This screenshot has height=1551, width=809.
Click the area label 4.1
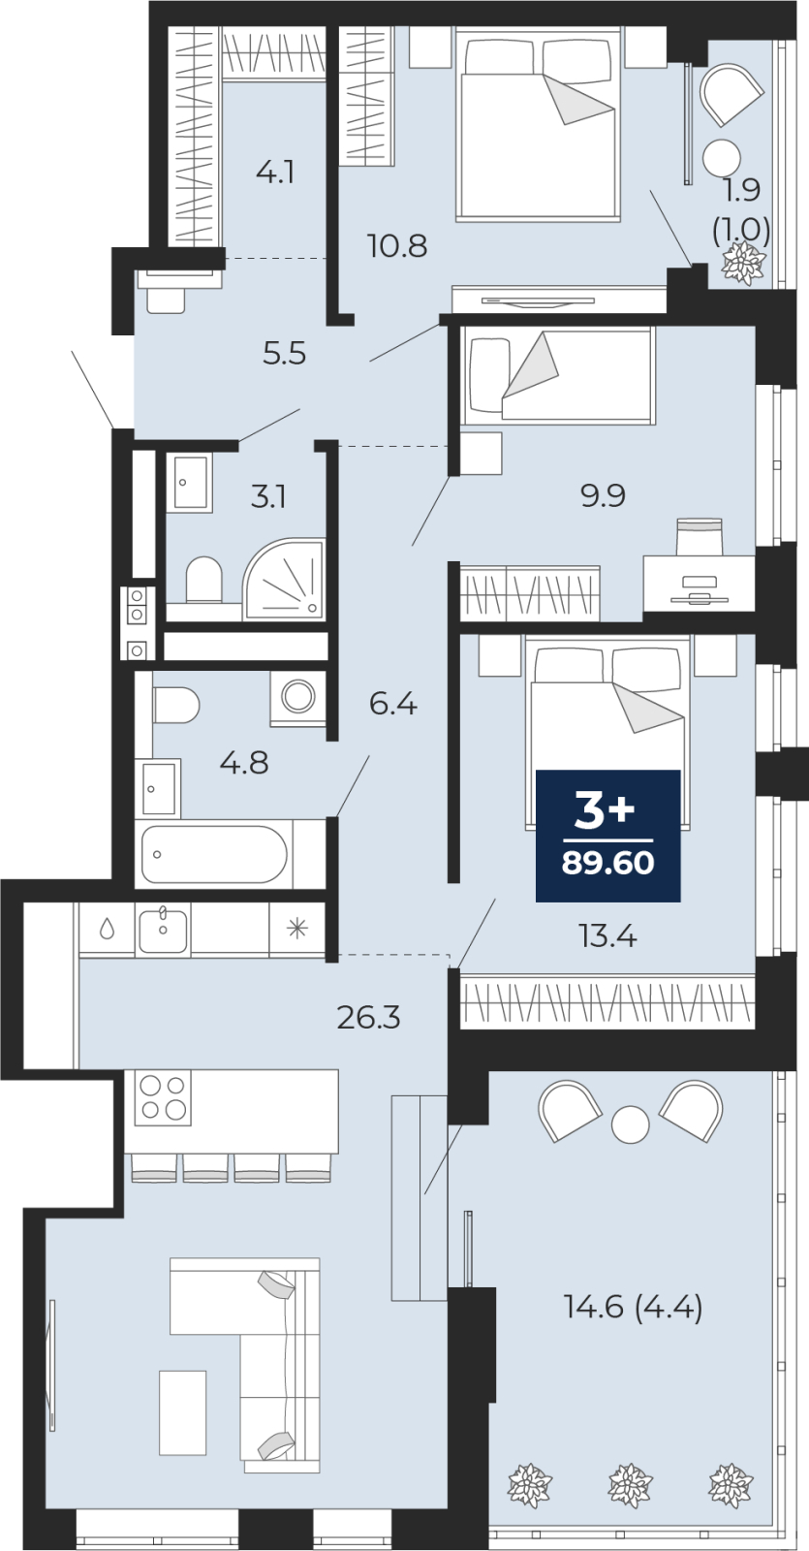(275, 172)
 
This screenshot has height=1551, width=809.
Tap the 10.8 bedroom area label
(397, 246)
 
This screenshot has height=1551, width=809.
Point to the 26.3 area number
(369, 1018)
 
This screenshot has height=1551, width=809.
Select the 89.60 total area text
(607, 864)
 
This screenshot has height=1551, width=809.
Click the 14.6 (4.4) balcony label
(634, 1308)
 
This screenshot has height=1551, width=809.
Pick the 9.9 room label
(604, 495)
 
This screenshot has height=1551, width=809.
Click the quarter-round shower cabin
(283, 579)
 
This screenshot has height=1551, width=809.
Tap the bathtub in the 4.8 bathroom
(214, 854)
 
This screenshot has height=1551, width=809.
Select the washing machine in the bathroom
(298, 697)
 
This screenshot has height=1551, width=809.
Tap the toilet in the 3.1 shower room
(204, 580)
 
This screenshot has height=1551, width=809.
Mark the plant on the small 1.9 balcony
(745, 263)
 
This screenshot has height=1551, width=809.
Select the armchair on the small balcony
(731, 93)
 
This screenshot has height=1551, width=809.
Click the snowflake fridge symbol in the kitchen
(297, 929)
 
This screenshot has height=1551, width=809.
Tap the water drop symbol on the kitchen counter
(108, 929)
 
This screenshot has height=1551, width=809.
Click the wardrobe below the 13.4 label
(607, 1002)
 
